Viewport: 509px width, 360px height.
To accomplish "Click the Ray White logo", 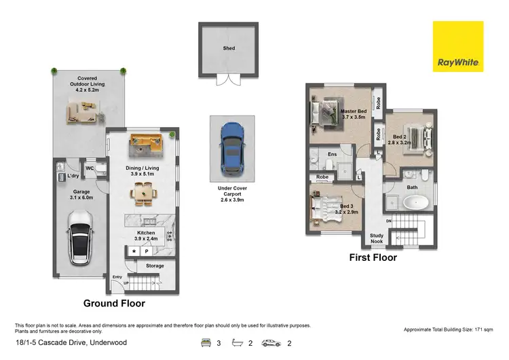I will pos(458,46).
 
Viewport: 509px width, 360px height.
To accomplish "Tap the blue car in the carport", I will pos(232,148).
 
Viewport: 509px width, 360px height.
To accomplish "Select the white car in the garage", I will pos(81,235).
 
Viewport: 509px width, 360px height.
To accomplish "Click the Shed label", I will pos(229,49).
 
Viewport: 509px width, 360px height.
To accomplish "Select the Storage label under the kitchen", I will pos(155,266).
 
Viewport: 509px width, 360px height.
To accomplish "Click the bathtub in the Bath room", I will pos(413,202).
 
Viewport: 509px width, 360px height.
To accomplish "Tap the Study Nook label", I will pos(377,238).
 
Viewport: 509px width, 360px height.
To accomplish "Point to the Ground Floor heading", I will pos(114,304).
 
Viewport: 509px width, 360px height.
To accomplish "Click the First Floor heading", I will pos(373,258).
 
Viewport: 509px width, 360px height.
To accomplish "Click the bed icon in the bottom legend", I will pos(206,344).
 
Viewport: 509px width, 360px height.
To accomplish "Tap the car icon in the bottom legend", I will pos(271,344).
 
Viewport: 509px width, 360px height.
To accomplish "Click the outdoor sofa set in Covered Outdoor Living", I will pos(84,112).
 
